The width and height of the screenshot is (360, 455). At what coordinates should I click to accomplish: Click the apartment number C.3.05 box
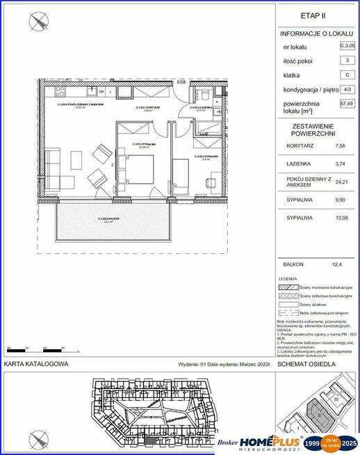tap(347, 46)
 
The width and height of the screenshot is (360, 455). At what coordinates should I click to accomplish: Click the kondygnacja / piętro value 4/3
tap(347, 90)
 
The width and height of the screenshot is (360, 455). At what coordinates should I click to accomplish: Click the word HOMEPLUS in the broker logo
tap(276, 441)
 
